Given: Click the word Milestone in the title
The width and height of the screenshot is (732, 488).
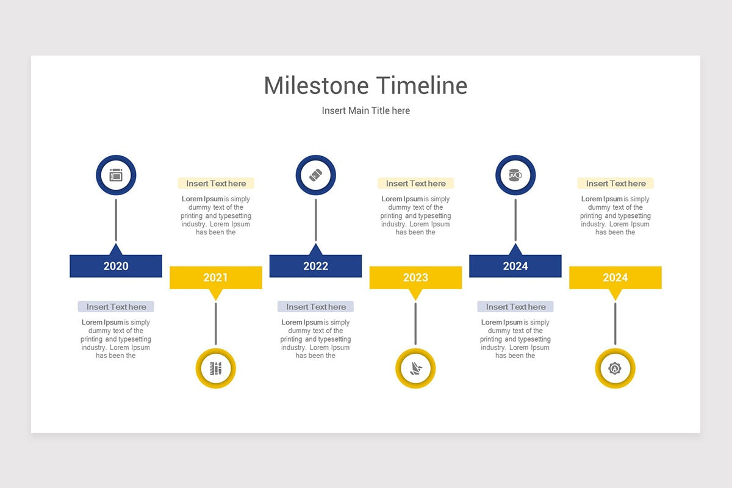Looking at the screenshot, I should coord(316,86).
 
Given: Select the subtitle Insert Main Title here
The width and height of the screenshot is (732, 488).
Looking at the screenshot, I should coord(365,111).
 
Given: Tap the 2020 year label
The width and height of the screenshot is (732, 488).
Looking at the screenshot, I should coord(116,266).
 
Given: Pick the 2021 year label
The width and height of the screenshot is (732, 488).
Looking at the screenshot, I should coord(215,278).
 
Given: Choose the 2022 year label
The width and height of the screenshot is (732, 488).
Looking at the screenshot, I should coord(315,266).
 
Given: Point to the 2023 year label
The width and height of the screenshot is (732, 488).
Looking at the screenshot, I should coord(415,278).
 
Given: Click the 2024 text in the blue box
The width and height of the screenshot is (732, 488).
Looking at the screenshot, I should coord(515,266).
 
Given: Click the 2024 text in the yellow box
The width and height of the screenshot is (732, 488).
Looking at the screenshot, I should coord(615,278).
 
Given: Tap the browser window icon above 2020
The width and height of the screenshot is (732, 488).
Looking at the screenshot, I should coord(116,176).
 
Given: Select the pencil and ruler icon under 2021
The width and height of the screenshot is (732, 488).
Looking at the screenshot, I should coord(215,368).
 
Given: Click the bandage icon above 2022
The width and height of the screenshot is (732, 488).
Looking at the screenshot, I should coord(315,176).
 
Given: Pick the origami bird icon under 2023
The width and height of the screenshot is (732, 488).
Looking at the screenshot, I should coord(415,368).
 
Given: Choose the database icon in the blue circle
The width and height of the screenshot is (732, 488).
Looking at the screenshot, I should coord(515,176).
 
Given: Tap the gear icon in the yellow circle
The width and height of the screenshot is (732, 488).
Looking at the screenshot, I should coord(615,368).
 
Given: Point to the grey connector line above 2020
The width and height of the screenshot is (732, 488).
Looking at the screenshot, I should coord(116,220).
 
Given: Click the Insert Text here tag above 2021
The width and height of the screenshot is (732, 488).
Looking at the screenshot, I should coord(216,184).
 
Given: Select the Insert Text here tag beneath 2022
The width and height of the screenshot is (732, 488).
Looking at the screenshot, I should coord(315,307).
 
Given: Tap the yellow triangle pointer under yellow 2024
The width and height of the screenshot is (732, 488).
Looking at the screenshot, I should coord(615,294).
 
